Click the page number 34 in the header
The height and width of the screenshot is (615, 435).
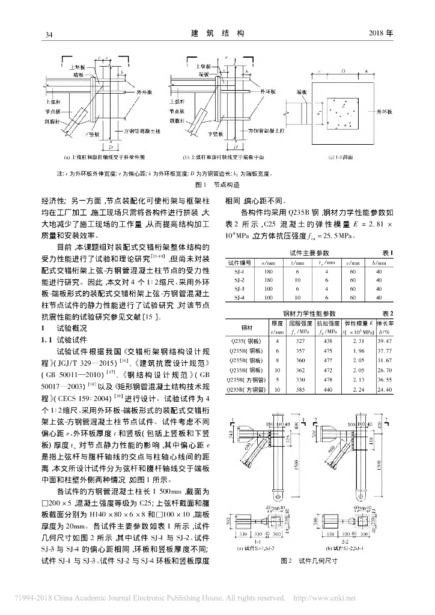pyautogui.click(x=50, y=35)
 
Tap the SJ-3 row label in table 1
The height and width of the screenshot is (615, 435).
pyautogui.click(x=239, y=288)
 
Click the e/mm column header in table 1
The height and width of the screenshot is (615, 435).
pyautogui.click(x=264, y=262)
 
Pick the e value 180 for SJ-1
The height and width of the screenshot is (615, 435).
pyautogui.click(x=264, y=271)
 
